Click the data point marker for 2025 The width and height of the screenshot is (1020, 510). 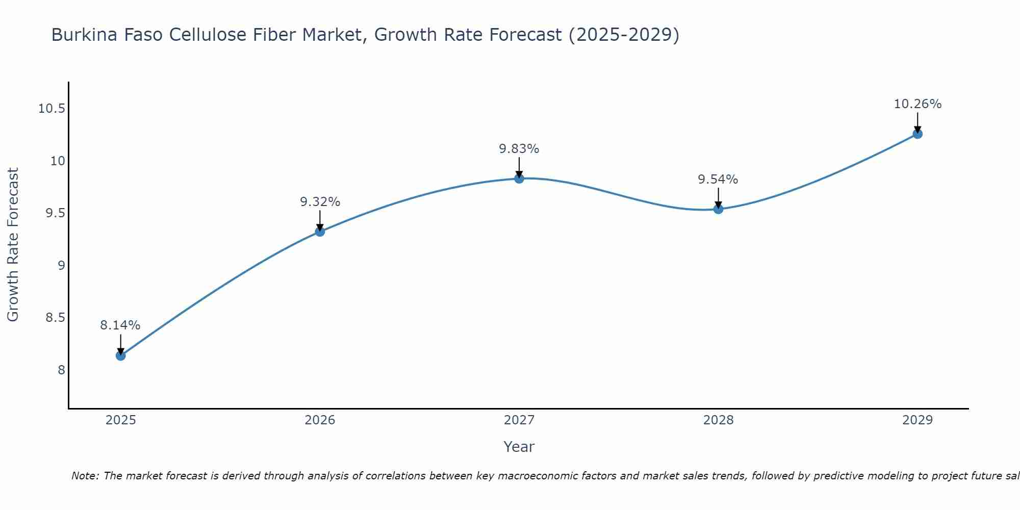pyautogui.click(x=120, y=355)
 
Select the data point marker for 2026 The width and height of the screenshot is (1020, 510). pyautogui.click(x=320, y=232)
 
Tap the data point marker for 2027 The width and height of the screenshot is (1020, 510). pyautogui.click(x=519, y=178)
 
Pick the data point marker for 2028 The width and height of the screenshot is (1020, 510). pyautogui.click(x=718, y=209)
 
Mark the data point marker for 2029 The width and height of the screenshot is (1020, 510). pyautogui.click(x=917, y=134)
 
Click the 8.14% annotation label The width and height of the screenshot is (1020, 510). pyautogui.click(x=120, y=325)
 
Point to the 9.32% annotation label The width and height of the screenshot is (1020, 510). pyautogui.click(x=320, y=202)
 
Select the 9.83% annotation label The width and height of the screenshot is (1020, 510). pyautogui.click(x=519, y=149)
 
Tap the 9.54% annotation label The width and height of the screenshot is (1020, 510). pyautogui.click(x=718, y=180)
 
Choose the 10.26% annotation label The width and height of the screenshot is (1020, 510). pyautogui.click(x=917, y=104)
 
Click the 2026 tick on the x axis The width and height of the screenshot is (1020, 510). pyautogui.click(x=320, y=420)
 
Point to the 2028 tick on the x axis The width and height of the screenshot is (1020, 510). pyautogui.click(x=718, y=420)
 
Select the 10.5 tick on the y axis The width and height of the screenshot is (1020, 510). pyautogui.click(x=52, y=109)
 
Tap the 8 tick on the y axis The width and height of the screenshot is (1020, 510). pyautogui.click(x=62, y=370)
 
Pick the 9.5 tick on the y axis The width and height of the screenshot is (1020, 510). pyautogui.click(x=56, y=213)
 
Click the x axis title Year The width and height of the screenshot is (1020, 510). pyautogui.click(x=519, y=447)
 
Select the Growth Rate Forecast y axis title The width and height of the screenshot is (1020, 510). pyautogui.click(x=13, y=245)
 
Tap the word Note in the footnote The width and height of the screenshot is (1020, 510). pyautogui.click(x=85, y=476)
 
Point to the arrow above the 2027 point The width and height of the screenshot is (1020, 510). pyautogui.click(x=519, y=166)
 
